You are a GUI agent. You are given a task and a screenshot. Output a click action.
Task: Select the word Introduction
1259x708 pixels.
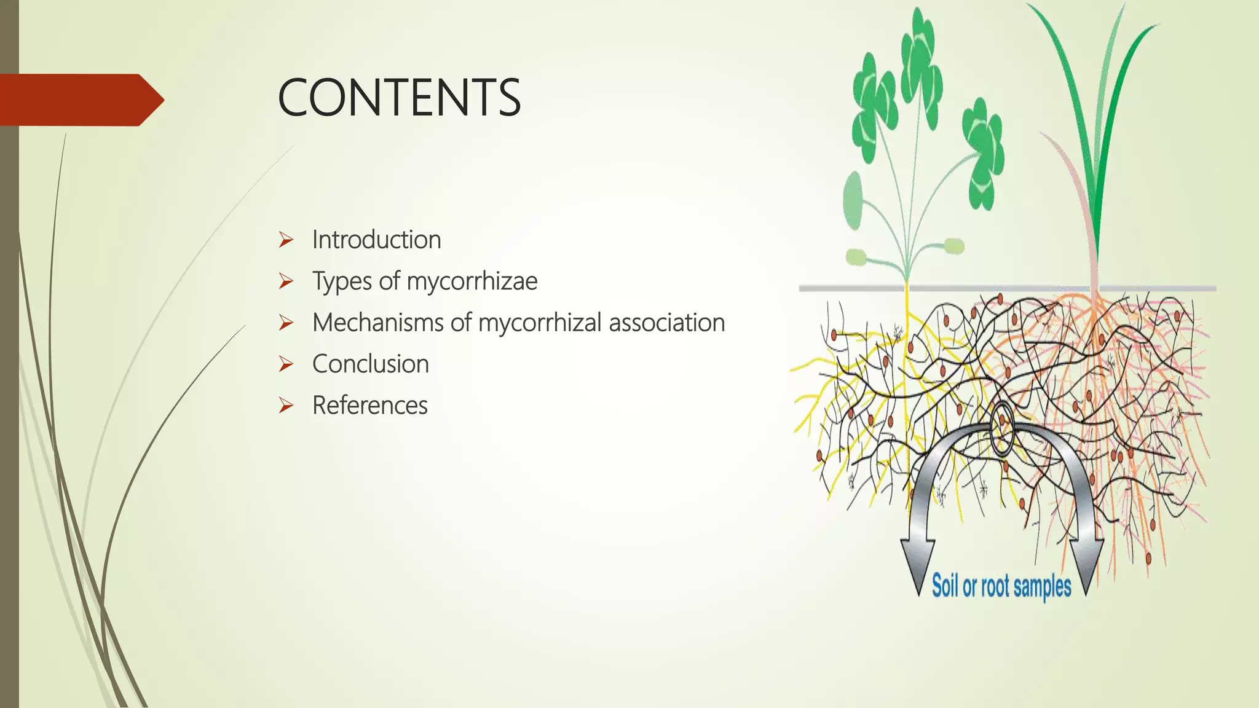pos(376,240)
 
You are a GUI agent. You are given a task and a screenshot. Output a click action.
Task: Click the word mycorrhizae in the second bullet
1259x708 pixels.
pos(472,281)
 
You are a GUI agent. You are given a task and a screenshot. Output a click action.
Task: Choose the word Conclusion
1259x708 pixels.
pos(370,364)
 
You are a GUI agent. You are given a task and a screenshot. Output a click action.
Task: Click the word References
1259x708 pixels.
pos(369,406)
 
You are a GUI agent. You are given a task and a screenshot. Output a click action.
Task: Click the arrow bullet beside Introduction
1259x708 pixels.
pos(286,240)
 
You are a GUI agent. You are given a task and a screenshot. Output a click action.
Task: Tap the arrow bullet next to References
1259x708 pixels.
pos(286,406)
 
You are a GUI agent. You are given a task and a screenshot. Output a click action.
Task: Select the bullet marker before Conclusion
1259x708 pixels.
pos(286,364)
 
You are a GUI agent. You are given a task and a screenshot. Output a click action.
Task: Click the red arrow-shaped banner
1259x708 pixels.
pos(80,100)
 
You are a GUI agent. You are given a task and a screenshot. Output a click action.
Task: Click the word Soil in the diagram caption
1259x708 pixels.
pos(945,585)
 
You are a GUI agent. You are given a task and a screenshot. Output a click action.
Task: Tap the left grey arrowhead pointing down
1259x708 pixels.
pos(918,562)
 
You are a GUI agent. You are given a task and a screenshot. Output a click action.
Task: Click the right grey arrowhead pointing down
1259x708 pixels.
pos(1086,562)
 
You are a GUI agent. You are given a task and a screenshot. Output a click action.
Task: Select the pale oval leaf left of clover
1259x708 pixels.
pos(853,200)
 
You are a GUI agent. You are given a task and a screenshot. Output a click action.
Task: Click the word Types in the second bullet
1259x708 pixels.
pos(341,281)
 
